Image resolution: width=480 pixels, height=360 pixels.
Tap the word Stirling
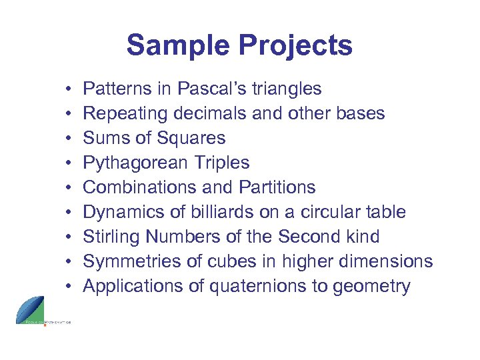pos(109,237)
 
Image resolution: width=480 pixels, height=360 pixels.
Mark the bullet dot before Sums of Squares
pos(69,139)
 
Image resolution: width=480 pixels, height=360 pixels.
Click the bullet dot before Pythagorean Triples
pos(69,163)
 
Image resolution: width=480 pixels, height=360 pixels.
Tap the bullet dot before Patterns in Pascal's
pos(69,89)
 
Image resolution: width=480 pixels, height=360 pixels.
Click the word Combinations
pos(140,187)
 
